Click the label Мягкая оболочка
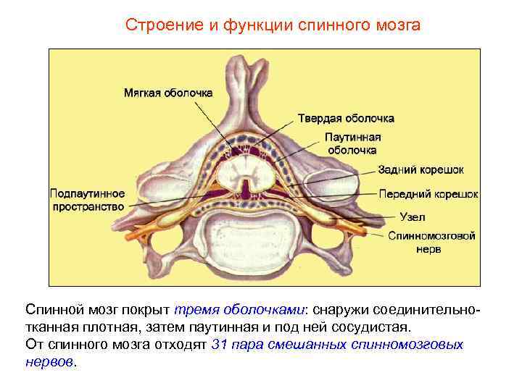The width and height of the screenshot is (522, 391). pyautogui.click(x=167, y=93)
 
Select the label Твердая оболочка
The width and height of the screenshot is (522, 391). pyautogui.click(x=347, y=118)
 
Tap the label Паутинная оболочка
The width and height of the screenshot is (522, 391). pyautogui.click(x=352, y=143)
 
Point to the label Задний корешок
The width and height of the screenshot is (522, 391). pyautogui.click(x=420, y=169)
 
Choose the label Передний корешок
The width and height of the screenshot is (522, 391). pyautogui.click(x=428, y=194)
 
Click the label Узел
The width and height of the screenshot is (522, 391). pyautogui.click(x=412, y=216)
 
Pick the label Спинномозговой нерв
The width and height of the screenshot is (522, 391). pyautogui.click(x=431, y=242)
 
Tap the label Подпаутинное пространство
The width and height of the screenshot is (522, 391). pyautogui.click(x=87, y=200)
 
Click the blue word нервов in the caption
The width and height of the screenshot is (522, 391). pyautogui.click(x=49, y=361)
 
